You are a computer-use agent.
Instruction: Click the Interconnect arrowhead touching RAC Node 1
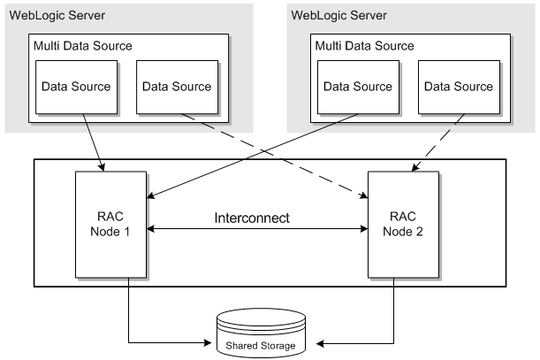coord(152,229)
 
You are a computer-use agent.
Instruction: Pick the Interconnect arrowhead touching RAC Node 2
coord(362,229)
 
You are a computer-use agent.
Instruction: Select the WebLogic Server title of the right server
coord(338,17)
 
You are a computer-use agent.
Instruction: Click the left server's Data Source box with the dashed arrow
coord(177,87)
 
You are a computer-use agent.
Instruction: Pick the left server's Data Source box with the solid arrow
coord(76,87)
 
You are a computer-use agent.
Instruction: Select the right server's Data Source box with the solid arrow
coord(358,87)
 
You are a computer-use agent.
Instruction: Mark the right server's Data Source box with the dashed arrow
coord(459,87)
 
